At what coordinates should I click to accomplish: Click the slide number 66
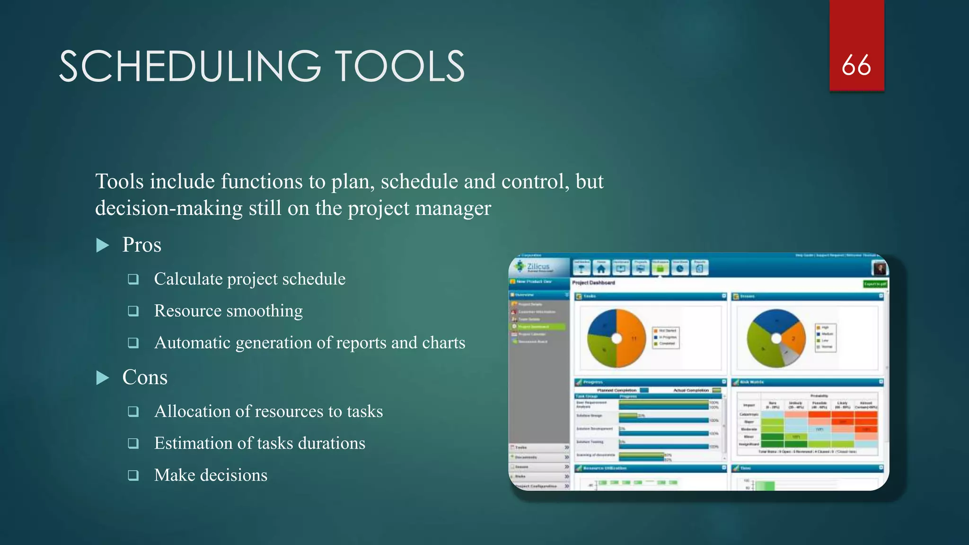click(856, 65)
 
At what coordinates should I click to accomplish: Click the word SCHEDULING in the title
click(189, 67)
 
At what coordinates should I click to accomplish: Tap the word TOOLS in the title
click(400, 67)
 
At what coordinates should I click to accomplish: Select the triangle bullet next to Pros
click(102, 245)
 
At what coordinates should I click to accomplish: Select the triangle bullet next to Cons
click(102, 378)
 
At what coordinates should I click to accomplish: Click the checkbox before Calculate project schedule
click(133, 279)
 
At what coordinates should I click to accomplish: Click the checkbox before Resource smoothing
click(133, 311)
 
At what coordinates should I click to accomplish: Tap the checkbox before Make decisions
click(133, 475)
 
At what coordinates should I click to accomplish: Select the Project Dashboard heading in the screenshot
click(593, 283)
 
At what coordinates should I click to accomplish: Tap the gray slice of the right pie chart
click(789, 355)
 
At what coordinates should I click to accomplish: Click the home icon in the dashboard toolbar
click(601, 269)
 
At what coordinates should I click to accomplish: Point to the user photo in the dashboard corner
click(879, 268)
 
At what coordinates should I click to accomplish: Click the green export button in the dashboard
click(875, 284)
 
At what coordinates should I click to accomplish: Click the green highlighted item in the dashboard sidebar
click(538, 327)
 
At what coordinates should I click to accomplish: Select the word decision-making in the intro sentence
click(168, 208)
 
